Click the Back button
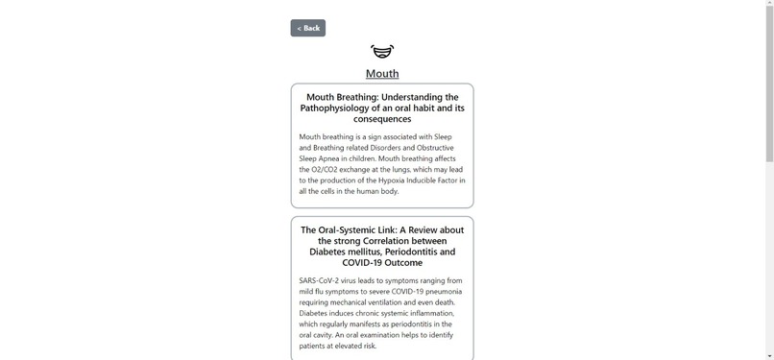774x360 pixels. tap(307, 28)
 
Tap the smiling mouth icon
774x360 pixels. tap(382, 51)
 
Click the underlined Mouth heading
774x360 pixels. tap(382, 74)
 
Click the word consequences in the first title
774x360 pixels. tap(382, 119)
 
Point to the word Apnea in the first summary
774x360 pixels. tap(333, 158)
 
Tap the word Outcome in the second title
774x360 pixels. tap(403, 262)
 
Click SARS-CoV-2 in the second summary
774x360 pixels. tap(321, 280)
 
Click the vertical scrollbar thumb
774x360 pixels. tap(768, 86)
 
